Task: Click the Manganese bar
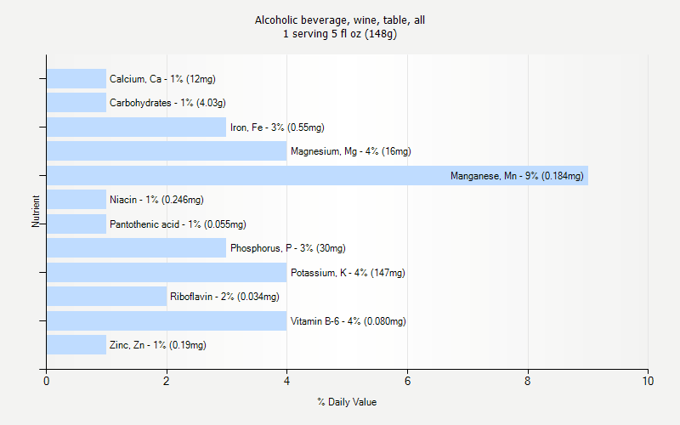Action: (x=317, y=176)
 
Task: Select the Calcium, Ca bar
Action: (x=76, y=79)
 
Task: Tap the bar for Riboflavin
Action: (x=106, y=297)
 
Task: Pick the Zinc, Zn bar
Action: (x=76, y=345)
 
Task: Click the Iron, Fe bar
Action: (x=136, y=127)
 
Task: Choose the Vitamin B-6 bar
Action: (x=167, y=321)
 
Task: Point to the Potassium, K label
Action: (x=348, y=273)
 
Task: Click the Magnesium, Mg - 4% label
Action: (x=350, y=151)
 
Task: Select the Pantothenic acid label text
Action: (x=178, y=224)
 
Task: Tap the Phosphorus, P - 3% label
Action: (x=287, y=248)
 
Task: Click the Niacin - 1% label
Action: (x=156, y=200)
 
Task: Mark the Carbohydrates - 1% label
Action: (x=167, y=103)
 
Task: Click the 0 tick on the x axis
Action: (x=46, y=382)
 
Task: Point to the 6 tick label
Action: (x=407, y=382)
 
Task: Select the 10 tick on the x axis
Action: (x=648, y=382)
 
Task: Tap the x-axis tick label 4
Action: (x=287, y=382)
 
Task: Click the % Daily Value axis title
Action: (x=347, y=402)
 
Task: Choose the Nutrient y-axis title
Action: (x=37, y=212)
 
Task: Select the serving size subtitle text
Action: (x=340, y=34)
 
